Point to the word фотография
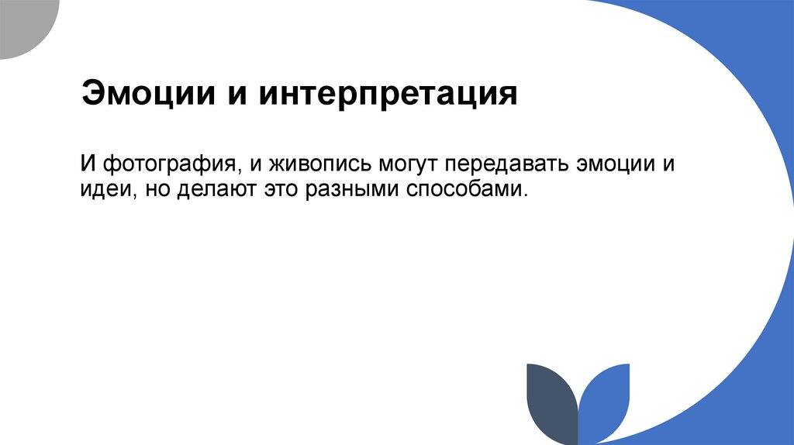[167, 164]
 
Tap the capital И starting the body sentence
[88, 164]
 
